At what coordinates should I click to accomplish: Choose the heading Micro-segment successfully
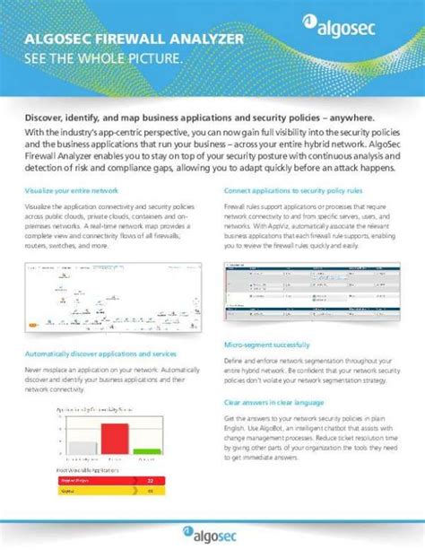click(x=266, y=345)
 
